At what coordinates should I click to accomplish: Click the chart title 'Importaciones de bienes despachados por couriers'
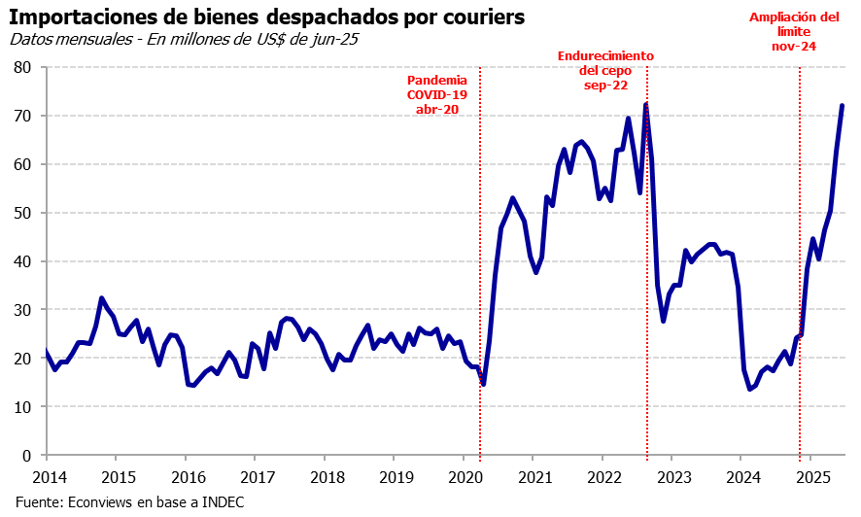point(267,17)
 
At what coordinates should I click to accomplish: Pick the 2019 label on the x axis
point(396,477)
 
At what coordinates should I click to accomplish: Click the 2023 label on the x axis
point(673,477)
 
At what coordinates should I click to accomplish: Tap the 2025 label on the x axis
point(811,477)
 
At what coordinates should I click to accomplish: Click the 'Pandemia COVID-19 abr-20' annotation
point(436,95)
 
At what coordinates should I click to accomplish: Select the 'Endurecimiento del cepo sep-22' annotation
point(605,70)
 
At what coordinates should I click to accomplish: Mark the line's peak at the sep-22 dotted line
point(646,104)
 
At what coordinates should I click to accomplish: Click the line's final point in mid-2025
point(842,106)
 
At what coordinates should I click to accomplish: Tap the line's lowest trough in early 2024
point(750,389)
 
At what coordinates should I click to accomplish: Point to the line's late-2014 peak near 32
point(101,298)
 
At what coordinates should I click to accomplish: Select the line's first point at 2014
point(46,351)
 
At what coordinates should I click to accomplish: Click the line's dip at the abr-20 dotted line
point(483,384)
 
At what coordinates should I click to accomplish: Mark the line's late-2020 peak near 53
point(512,198)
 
